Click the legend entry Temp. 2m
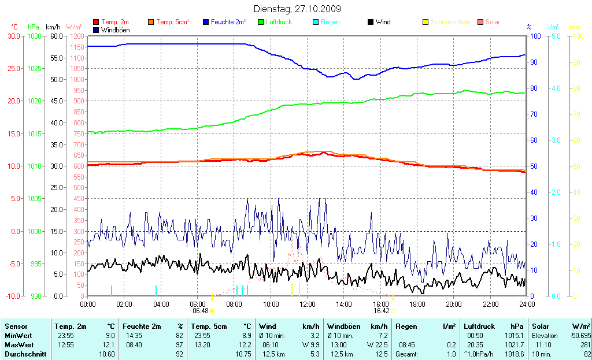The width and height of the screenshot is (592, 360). point(113,22)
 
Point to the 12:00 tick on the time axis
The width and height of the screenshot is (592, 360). point(307,304)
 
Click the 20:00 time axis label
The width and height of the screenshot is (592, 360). point(453,304)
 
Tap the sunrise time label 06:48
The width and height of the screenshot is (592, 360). point(200,311)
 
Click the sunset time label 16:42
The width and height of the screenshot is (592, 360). point(381,311)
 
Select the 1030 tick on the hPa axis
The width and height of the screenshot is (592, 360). point(34,36)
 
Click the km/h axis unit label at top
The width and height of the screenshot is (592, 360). point(53,27)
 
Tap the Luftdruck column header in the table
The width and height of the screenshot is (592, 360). point(477,326)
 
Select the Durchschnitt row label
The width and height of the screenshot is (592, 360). point(25,354)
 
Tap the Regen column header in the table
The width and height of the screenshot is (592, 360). point(406,326)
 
